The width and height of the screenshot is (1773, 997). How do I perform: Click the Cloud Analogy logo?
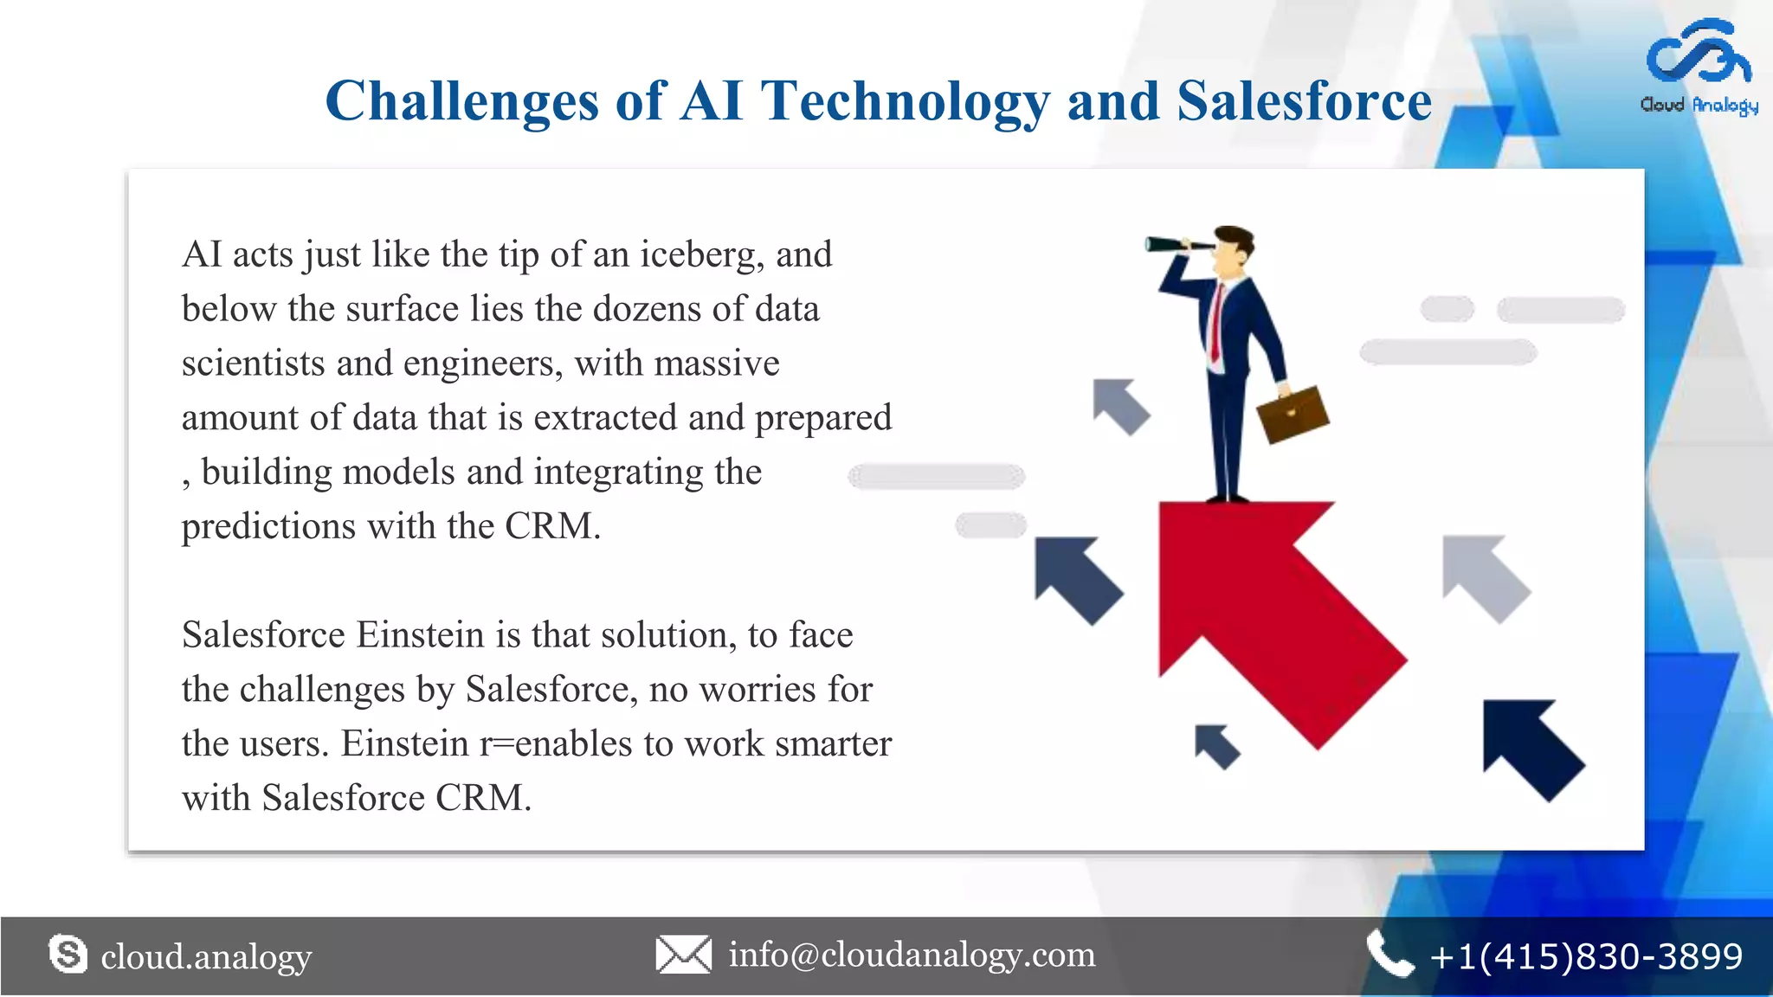click(1699, 68)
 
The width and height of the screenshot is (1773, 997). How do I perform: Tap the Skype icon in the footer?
click(68, 955)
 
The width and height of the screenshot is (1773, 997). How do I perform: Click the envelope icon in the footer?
click(683, 955)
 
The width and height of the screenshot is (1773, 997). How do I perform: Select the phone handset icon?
click(1389, 955)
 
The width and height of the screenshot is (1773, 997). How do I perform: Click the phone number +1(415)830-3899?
click(1586, 956)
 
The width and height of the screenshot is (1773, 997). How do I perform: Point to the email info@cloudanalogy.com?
click(912, 955)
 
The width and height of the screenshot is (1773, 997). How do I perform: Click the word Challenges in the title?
click(461, 101)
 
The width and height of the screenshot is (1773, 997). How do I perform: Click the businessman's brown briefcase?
click(1293, 414)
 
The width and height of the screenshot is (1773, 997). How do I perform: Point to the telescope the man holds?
click(1177, 245)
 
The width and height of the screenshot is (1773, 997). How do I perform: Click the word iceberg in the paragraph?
click(701, 255)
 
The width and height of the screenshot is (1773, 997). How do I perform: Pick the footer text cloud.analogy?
click(206, 956)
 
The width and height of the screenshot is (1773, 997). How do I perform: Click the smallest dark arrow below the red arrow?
click(1216, 746)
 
